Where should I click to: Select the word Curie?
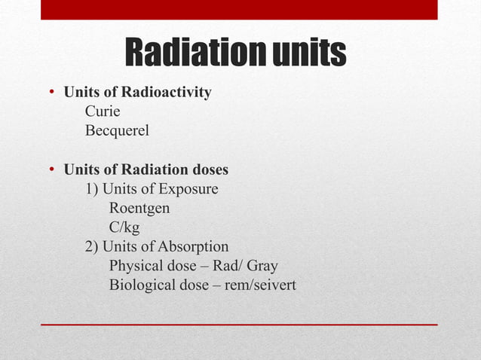click(103, 112)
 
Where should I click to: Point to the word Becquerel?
click(117, 131)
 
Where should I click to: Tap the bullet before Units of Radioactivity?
click(52, 93)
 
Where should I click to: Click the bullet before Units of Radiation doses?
click(52, 170)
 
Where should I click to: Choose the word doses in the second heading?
click(208, 169)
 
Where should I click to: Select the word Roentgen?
click(139, 208)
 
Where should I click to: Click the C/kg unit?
click(124, 227)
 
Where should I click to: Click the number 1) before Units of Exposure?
click(91, 188)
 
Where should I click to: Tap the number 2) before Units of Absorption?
click(91, 246)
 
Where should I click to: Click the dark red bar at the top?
click(239, 9)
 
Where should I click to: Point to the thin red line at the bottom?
click(239, 324)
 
